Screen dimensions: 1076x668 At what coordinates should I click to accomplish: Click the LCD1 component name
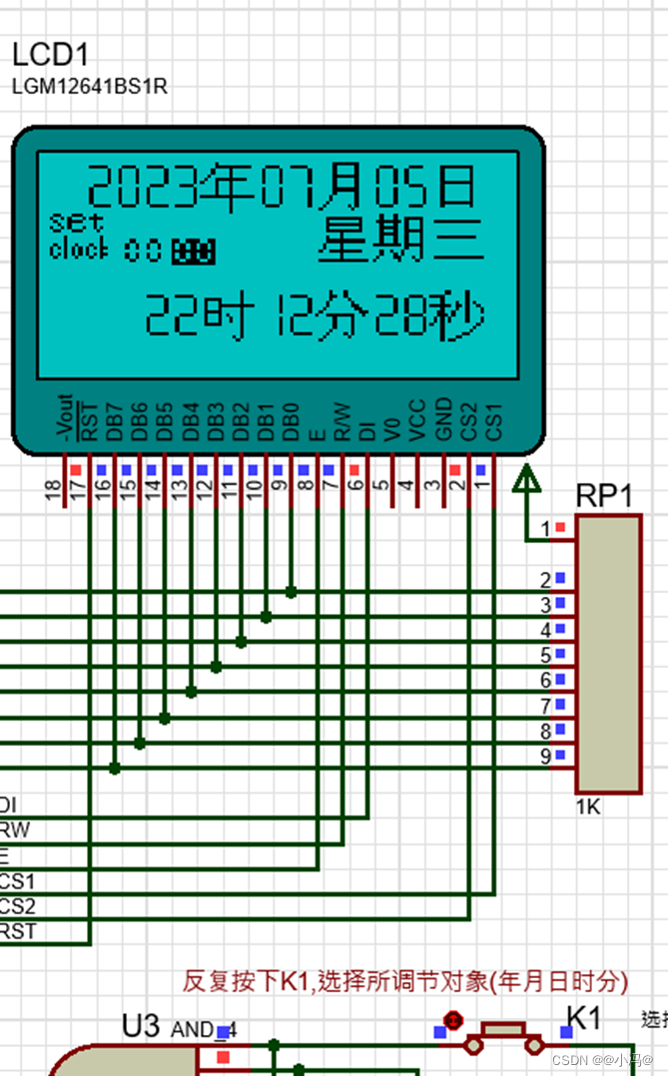pos(56,56)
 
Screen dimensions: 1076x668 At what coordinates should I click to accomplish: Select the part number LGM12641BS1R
pos(90,87)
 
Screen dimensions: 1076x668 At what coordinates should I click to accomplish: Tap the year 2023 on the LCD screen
pos(140,187)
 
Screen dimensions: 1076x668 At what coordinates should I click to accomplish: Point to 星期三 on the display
pos(401,241)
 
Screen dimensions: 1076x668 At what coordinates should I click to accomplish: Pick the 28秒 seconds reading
pos(429,316)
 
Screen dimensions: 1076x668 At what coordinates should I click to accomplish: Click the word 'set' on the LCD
pos(76,222)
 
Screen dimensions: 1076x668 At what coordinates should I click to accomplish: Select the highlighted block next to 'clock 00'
pos(193,252)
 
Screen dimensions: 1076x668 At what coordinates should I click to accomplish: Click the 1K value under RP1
pos(588,807)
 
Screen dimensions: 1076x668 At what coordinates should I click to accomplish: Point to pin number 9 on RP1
pos(545,757)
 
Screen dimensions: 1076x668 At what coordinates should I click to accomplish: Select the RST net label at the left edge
pos(17,931)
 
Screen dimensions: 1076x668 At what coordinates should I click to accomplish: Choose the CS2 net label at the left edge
pos(17,906)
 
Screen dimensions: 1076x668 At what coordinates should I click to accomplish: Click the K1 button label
pos(584,1018)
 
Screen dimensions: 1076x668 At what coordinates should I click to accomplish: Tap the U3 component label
pos(141,1026)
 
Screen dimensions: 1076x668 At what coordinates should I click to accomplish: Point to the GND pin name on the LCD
pos(445,420)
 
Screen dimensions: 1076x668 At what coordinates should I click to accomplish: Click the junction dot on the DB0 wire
pos(291,592)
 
